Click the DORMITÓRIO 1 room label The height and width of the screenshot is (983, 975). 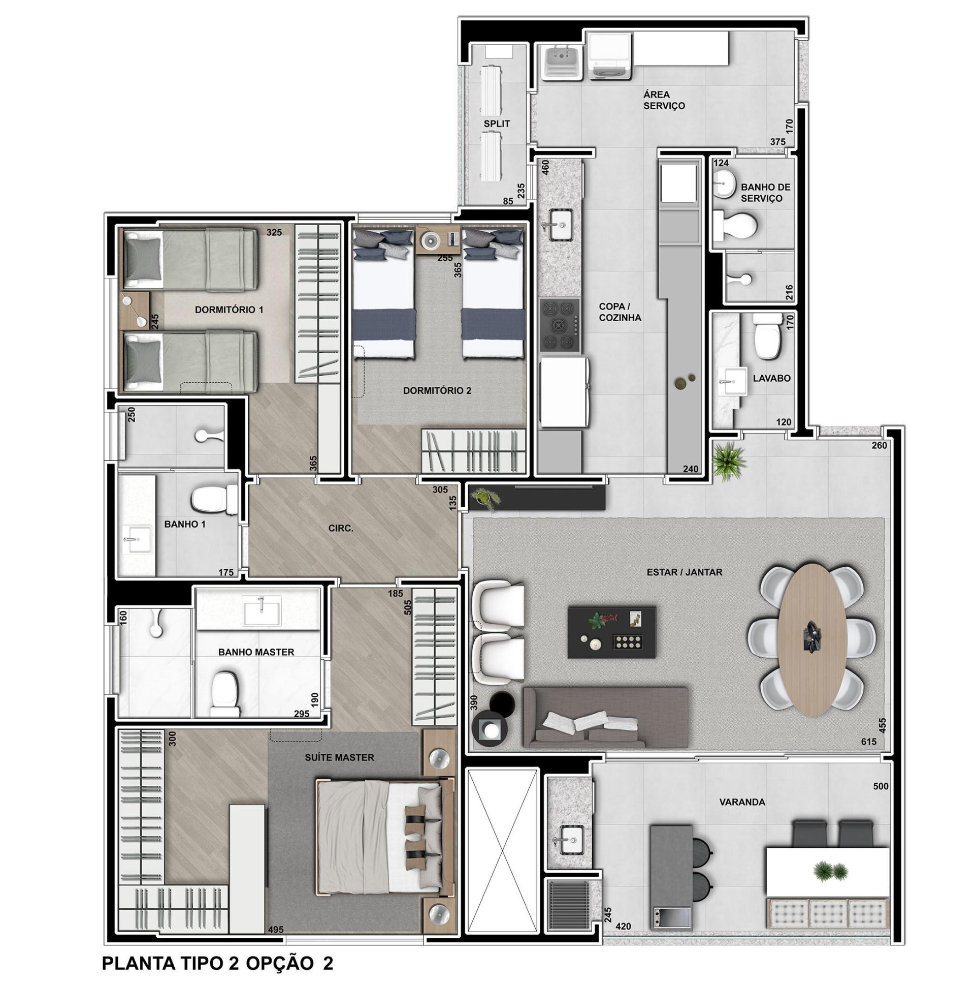(x=229, y=310)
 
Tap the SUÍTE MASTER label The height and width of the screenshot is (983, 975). (x=339, y=758)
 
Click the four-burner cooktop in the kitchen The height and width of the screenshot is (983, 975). (x=560, y=325)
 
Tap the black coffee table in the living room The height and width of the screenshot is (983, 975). (x=611, y=632)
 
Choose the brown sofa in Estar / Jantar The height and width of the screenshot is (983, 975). (x=605, y=717)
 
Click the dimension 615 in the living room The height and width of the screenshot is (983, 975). (x=869, y=742)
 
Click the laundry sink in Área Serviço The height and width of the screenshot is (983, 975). (x=562, y=63)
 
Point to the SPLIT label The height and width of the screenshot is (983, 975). (x=497, y=124)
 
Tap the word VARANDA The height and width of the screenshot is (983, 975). (x=742, y=803)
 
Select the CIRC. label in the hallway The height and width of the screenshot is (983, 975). (x=341, y=529)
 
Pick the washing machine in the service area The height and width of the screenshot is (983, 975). (x=610, y=55)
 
